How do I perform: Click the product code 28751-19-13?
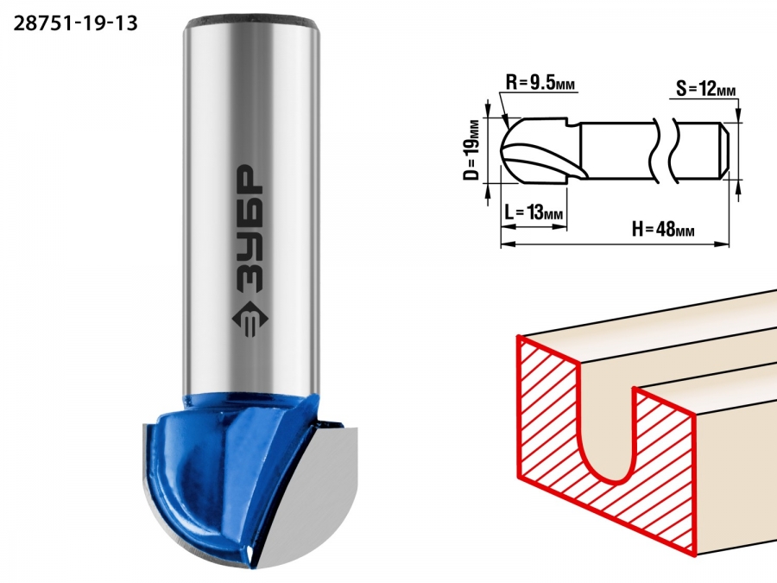tap(75, 23)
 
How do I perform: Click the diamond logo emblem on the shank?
tap(250, 320)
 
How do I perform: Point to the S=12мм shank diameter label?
tap(705, 90)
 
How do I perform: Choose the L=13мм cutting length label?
tap(534, 212)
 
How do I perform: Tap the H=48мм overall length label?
tap(663, 230)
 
